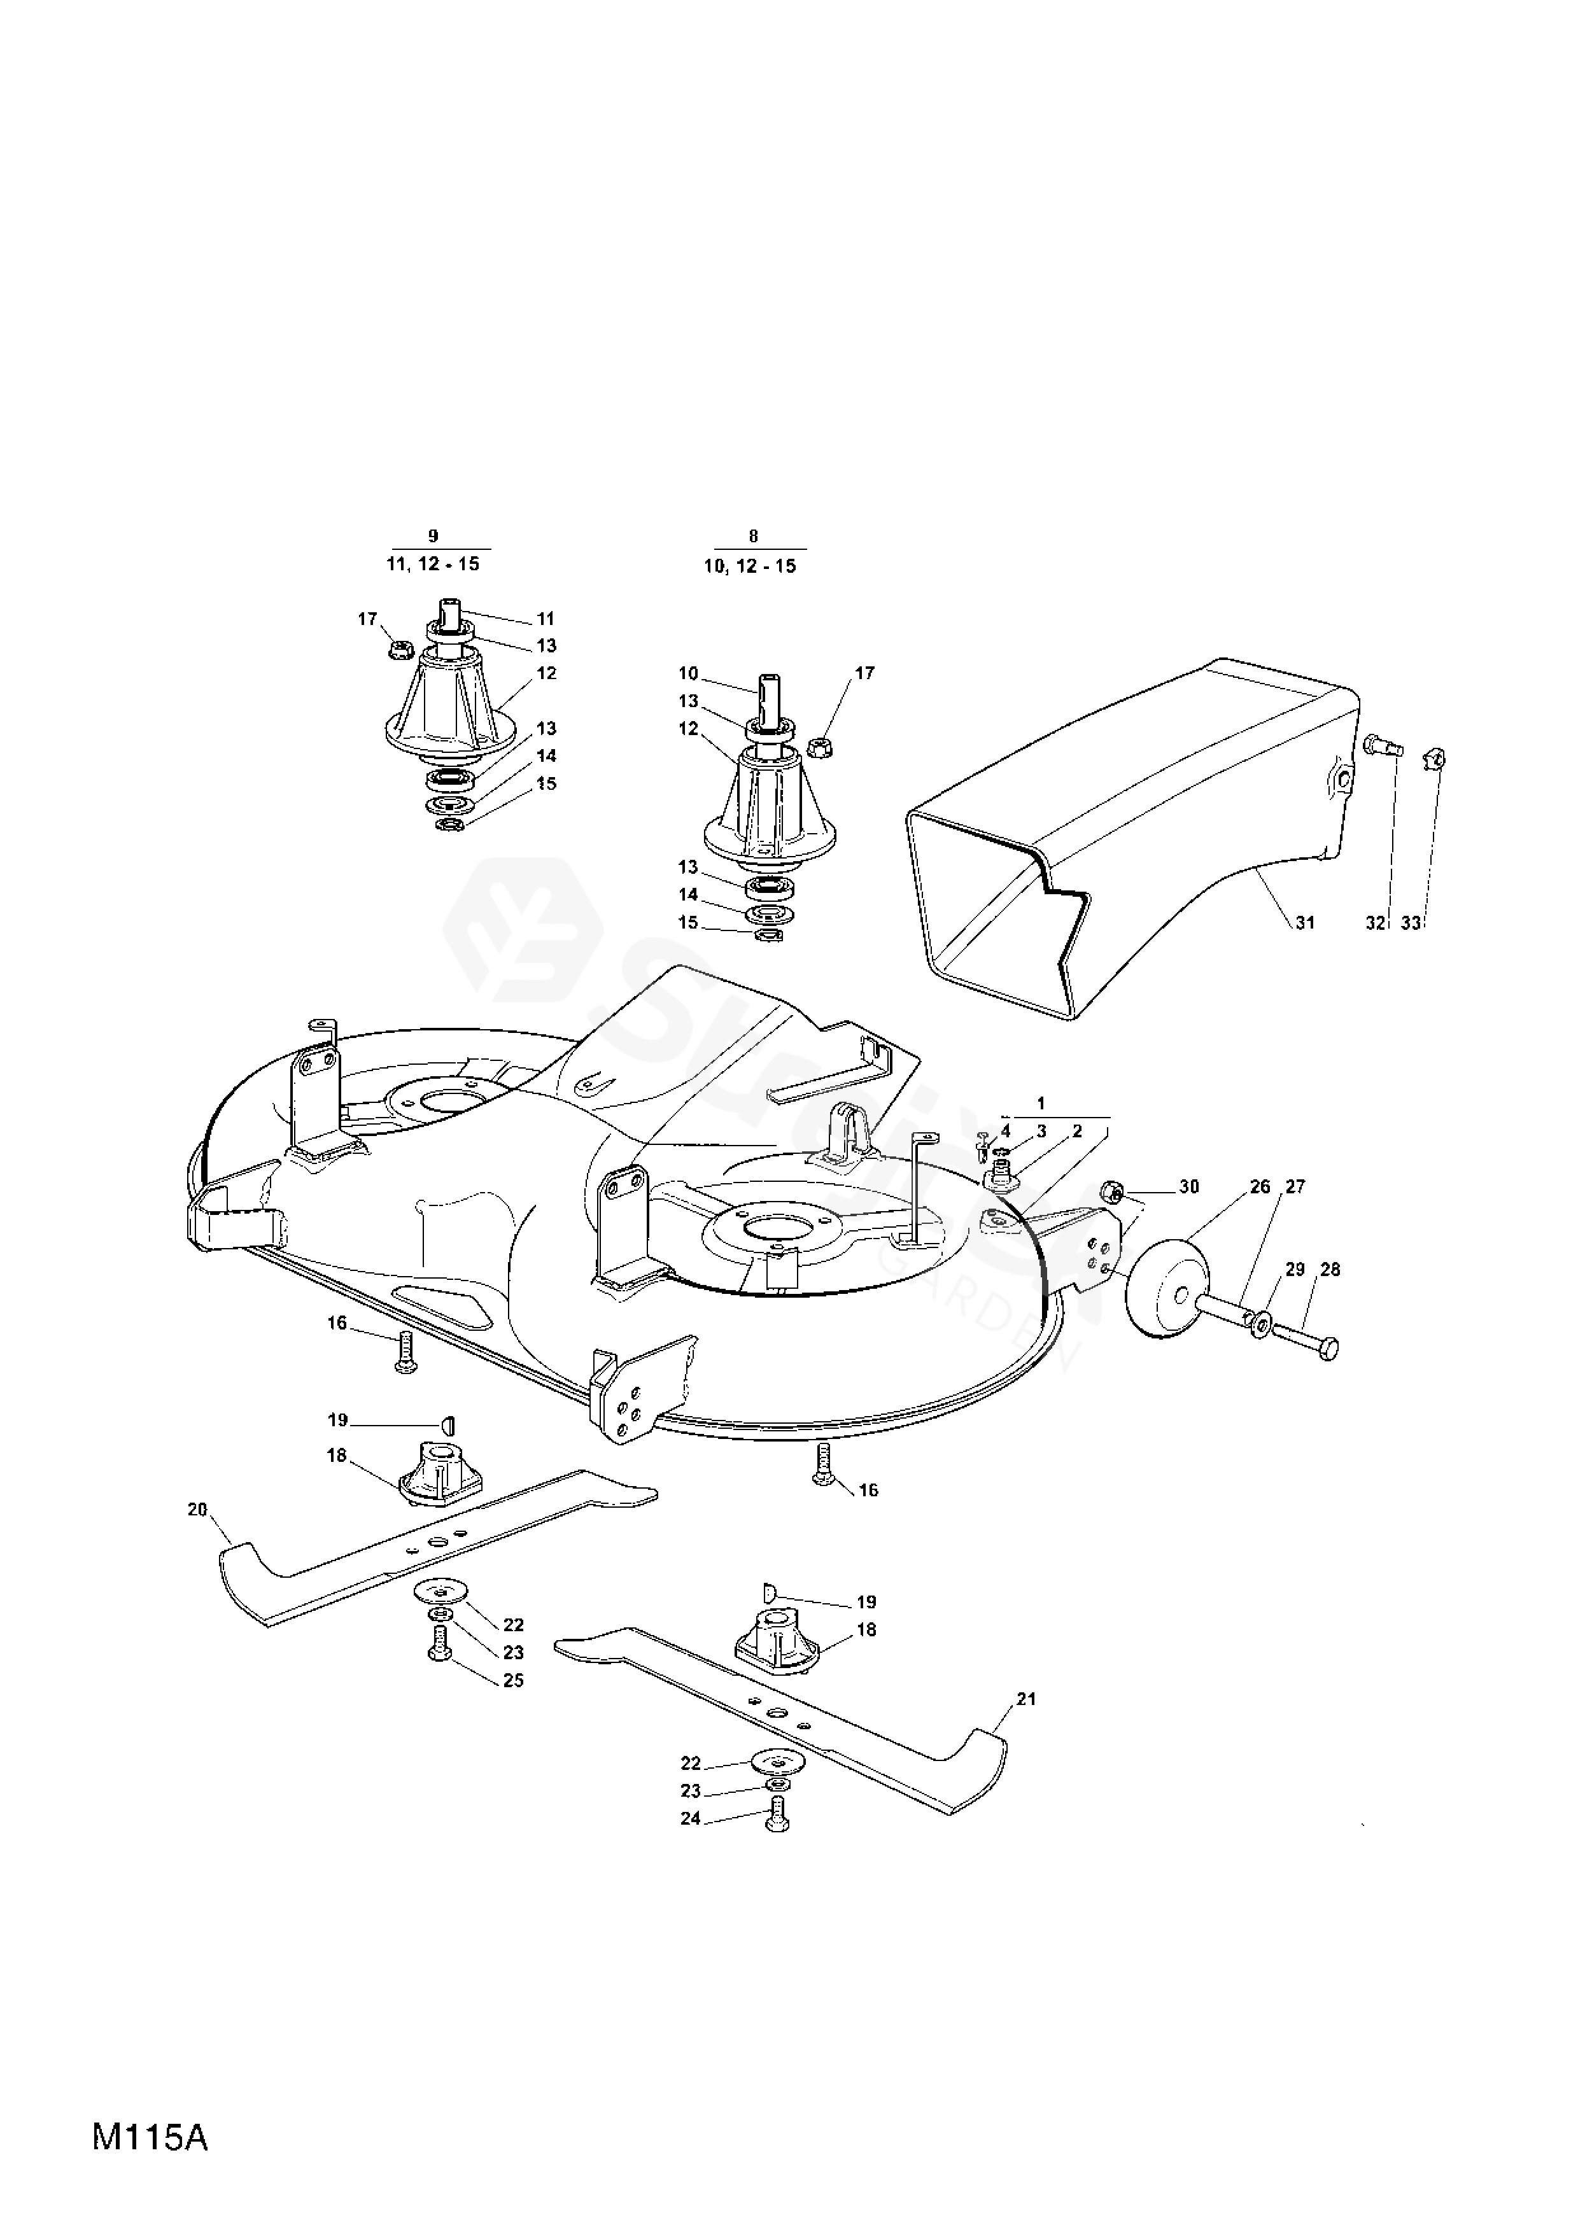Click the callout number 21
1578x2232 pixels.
[x=1025, y=1699]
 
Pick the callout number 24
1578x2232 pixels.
[x=690, y=1818]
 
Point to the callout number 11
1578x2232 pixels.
[x=546, y=618]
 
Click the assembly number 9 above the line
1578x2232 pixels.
[x=433, y=536]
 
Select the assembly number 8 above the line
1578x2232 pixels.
[x=754, y=536]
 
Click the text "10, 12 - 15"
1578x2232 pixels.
[x=750, y=566]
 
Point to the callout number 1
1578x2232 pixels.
[x=1041, y=1104]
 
